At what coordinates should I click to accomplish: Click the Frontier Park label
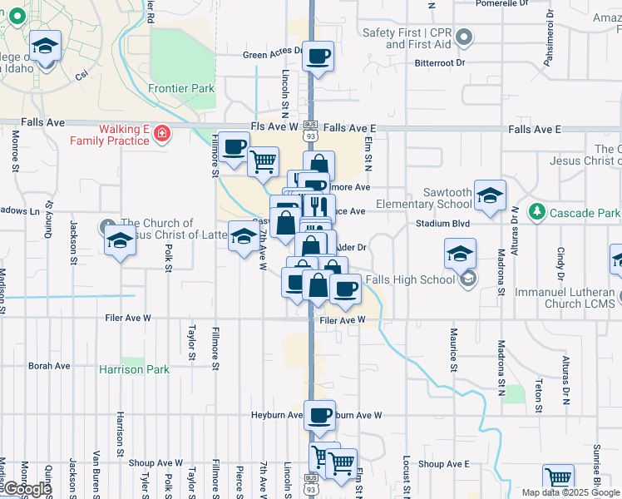181,88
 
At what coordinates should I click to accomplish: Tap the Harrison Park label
134,369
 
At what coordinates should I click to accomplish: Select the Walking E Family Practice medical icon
162,132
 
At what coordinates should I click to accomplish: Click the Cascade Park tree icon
538,212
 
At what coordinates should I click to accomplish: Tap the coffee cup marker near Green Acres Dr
318,57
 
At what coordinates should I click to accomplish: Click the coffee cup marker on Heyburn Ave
318,414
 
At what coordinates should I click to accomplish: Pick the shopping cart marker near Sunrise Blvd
558,478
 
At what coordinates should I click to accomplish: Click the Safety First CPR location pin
465,37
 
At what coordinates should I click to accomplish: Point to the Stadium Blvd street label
443,224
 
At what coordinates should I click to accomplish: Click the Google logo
26,489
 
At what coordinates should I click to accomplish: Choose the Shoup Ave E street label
444,464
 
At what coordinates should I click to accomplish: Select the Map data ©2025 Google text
570,492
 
